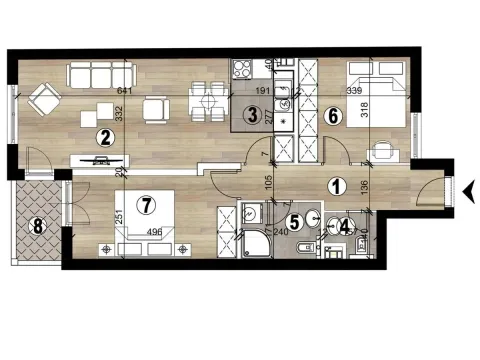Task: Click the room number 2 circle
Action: tap(102, 140)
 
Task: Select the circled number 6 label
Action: tap(334, 116)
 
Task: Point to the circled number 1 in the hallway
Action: tap(337, 185)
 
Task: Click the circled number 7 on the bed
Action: tap(147, 205)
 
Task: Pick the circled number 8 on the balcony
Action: tap(38, 226)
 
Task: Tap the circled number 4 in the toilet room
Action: tap(344, 227)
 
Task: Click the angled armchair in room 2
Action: tap(43, 100)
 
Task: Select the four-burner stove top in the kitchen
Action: tap(242, 69)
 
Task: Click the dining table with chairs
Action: tap(209, 101)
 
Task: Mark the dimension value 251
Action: tap(118, 216)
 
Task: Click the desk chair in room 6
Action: tap(384, 152)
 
